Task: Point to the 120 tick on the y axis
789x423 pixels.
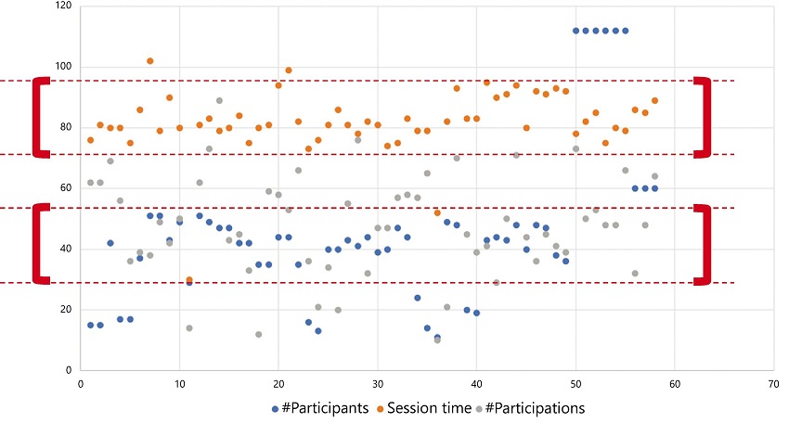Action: [63, 6]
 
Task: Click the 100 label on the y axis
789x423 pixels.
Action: [63, 67]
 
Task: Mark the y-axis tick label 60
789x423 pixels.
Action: [66, 188]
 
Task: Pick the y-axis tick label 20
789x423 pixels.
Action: [66, 310]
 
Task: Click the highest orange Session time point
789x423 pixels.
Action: [149, 61]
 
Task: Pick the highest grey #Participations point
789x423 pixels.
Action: [219, 100]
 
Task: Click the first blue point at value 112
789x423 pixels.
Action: [576, 31]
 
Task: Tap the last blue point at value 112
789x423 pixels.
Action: [625, 31]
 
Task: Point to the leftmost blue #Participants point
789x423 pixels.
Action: [90, 325]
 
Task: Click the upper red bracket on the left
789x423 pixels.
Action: [38, 117]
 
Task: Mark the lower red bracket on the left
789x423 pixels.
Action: [38, 243]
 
